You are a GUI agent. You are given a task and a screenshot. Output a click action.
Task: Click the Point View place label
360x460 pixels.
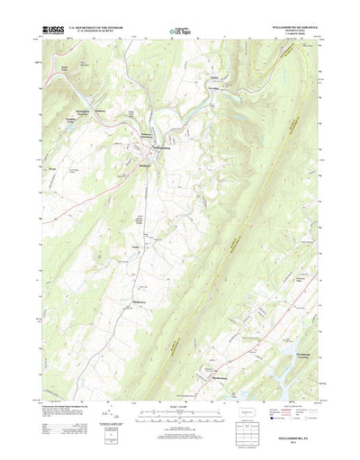64,67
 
